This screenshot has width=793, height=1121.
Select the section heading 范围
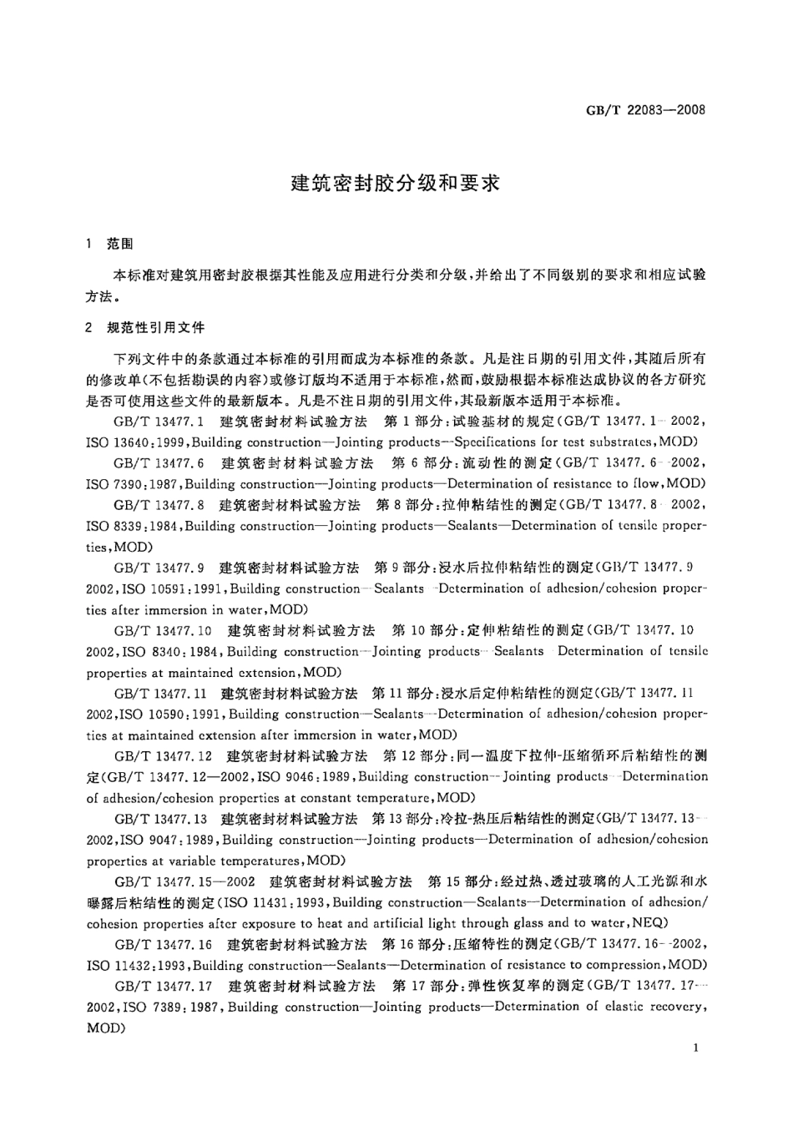(x=119, y=245)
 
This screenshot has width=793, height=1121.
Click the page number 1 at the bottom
(x=695, y=1049)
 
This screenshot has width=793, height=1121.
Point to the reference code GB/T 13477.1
(x=154, y=421)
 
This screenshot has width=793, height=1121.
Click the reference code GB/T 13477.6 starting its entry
(x=154, y=462)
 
